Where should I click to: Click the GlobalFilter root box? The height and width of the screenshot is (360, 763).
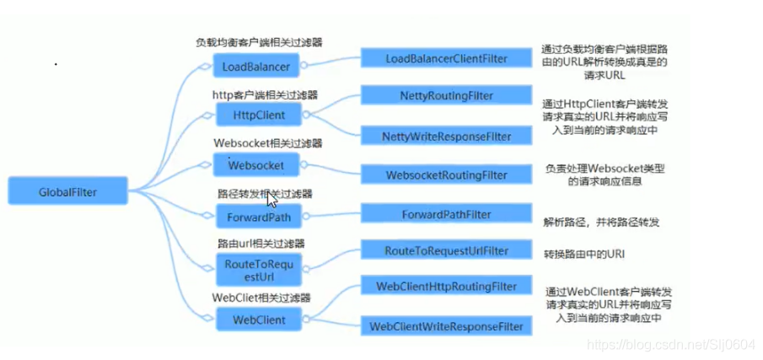[67, 191]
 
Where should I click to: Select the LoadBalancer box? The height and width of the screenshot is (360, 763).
[256, 66]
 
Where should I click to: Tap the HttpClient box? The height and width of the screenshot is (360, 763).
[256, 115]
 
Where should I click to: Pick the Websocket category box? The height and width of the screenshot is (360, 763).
[256, 164]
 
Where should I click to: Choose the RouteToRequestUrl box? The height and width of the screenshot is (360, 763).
[258, 270]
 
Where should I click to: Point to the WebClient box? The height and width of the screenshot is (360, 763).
[258, 320]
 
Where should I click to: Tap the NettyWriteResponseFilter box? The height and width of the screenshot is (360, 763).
[446, 135]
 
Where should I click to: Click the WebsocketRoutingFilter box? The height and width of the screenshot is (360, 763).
[446, 175]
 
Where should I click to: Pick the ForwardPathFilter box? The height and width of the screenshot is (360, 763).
[448, 213]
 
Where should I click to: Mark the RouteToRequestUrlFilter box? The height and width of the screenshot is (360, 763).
[446, 250]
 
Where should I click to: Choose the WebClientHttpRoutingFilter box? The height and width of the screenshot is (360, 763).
[446, 287]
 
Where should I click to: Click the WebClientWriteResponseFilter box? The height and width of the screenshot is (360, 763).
[446, 325]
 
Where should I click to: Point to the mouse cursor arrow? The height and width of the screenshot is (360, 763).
[271, 199]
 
